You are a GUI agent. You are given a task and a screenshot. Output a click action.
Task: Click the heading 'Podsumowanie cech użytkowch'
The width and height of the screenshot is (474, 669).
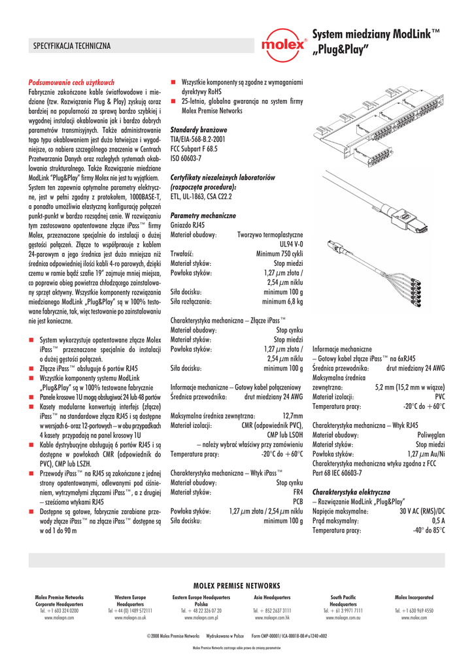point(70,83)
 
